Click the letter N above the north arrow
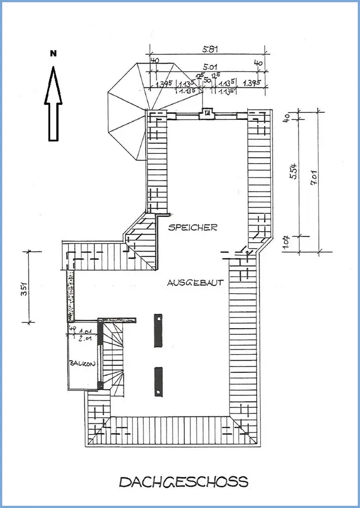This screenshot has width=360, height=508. tap(53, 53)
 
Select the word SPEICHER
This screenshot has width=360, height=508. tap(193, 228)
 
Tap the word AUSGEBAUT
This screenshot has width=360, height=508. tap(195, 283)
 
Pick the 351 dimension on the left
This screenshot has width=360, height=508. tap(23, 288)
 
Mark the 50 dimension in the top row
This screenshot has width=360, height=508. tap(207, 80)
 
